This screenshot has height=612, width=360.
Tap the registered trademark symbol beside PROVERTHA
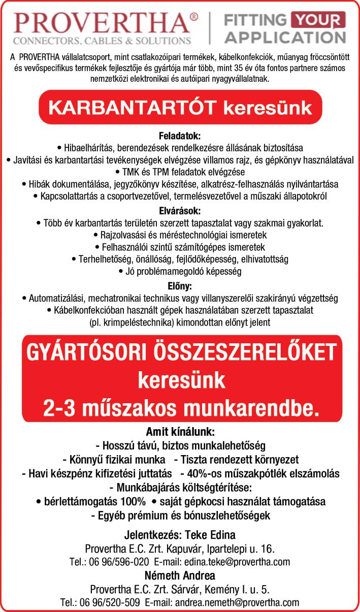pyautogui.click(x=193, y=17)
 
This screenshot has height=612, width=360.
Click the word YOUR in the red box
pyautogui.click(x=318, y=21)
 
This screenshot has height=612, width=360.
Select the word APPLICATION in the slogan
pyautogui.click(x=285, y=37)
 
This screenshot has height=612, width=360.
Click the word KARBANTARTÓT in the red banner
pyautogui.click(x=132, y=107)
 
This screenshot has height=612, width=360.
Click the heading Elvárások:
pyautogui.click(x=180, y=210)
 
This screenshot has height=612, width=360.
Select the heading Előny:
pyautogui.click(x=180, y=285)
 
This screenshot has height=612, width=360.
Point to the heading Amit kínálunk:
pyautogui.click(x=180, y=432)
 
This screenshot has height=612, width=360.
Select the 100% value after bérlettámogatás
pyautogui.click(x=130, y=502)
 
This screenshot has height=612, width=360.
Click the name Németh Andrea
pyautogui.click(x=180, y=576)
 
